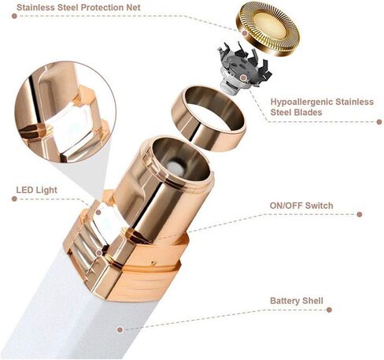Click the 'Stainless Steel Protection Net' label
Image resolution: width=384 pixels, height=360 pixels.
[x=79, y=7]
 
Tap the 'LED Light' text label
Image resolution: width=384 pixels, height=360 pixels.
[x=36, y=190]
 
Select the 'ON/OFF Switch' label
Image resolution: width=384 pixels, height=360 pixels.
[x=301, y=206]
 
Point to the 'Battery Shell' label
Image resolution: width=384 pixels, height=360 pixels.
[x=297, y=301]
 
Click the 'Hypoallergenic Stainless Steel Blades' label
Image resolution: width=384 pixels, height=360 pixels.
[x=322, y=107]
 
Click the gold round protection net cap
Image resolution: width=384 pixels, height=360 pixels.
[x=268, y=29]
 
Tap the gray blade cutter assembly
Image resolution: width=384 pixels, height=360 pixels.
[x=244, y=69]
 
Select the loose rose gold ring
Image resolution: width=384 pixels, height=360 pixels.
[x=209, y=118]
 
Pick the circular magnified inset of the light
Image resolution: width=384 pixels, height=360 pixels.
[x=65, y=112]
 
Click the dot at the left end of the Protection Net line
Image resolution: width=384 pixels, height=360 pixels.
[x=14, y=16]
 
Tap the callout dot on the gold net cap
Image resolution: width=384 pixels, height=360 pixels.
[x=245, y=33]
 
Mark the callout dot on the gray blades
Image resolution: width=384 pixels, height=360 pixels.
[x=243, y=78]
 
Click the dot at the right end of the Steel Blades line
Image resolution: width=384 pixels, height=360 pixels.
[x=379, y=122]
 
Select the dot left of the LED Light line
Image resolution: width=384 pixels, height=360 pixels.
[x=14, y=199]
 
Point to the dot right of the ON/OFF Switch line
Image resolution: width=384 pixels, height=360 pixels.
[x=360, y=214]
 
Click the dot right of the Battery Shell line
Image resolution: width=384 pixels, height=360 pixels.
[x=330, y=310]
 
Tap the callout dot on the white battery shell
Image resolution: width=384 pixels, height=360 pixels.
[x=120, y=329]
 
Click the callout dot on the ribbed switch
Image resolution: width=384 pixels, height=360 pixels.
[x=99, y=253]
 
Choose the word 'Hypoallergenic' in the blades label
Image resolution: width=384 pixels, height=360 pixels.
[x=301, y=102]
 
